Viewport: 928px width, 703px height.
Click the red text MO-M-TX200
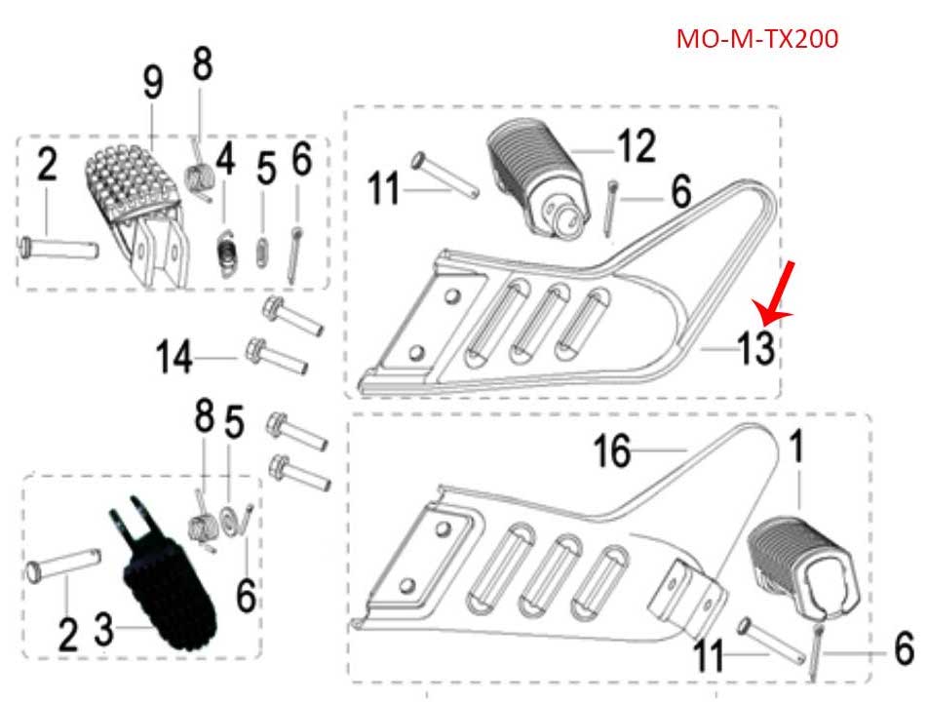click(756, 39)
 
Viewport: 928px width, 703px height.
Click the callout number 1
click(796, 449)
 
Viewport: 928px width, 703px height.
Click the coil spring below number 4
click(227, 252)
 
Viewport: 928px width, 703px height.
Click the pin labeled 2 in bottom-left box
click(67, 567)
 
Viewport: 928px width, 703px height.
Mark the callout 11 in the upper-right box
click(384, 188)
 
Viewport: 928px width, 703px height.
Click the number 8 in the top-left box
click(202, 65)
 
